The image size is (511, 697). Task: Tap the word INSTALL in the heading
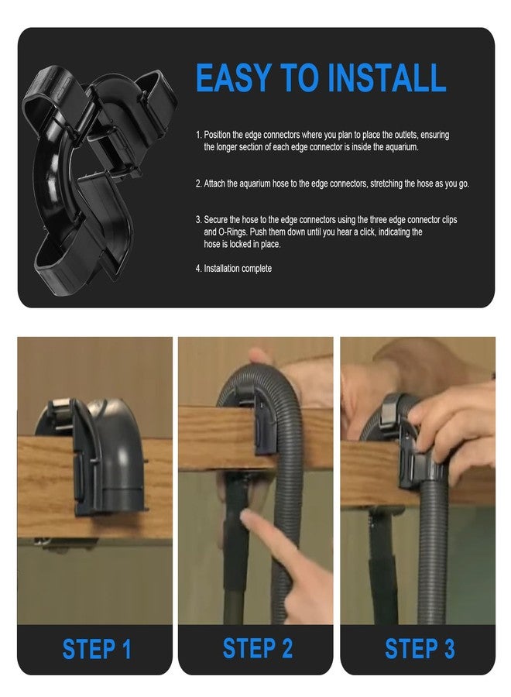point(386,77)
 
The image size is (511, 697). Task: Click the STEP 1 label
point(97,649)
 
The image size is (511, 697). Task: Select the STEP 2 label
point(257,648)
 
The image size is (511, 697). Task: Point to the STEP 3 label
point(420,648)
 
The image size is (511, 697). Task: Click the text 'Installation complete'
point(238,269)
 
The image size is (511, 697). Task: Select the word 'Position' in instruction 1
point(218,135)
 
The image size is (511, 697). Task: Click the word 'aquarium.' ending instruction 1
point(402,147)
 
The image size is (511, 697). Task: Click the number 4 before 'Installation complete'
point(198,269)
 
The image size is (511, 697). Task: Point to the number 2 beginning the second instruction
point(198,184)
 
